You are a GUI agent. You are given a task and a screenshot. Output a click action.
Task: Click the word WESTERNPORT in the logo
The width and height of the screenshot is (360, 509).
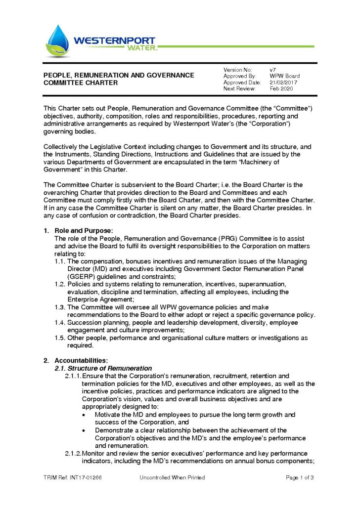point(114,41)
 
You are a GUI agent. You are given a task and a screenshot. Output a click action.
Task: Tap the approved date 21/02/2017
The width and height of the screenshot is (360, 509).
point(284,83)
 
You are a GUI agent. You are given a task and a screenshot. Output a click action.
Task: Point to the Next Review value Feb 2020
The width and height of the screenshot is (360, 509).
point(281,89)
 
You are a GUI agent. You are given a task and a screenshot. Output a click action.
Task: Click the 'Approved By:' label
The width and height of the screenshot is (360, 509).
point(240,76)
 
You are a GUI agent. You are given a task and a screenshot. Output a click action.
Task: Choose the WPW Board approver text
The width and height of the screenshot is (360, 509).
point(285,76)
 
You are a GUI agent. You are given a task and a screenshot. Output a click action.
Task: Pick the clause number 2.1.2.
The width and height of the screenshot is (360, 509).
point(73,453)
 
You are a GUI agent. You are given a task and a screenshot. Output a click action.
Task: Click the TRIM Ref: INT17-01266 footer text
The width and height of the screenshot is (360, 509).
point(72,477)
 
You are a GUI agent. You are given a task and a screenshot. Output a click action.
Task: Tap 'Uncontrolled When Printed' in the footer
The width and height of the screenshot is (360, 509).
point(172,477)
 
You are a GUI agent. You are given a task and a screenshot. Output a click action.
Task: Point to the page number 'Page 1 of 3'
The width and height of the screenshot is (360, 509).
point(300,477)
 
